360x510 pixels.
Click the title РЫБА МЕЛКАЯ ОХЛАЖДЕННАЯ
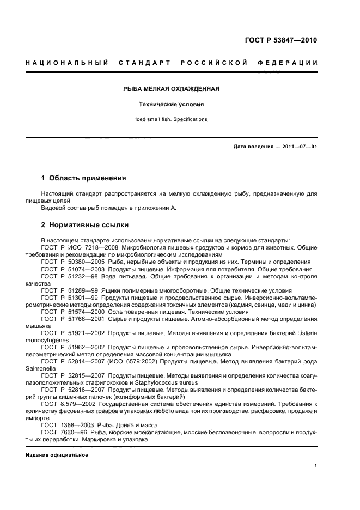tap(172, 89)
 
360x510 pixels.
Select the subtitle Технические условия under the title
tap(172, 104)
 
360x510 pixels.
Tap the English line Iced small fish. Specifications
tap(172, 119)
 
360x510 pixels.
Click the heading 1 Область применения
tap(84, 178)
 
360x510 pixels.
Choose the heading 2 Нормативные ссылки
tap(85, 224)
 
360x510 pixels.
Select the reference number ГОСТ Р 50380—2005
tap(73, 262)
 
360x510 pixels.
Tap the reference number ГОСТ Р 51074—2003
tap(73, 269)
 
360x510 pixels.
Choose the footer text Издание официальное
tap(57, 454)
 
